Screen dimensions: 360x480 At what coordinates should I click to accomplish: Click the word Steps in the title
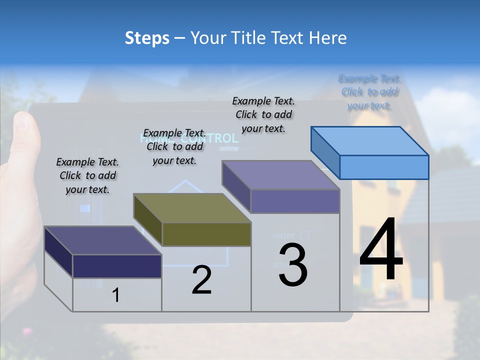(147, 38)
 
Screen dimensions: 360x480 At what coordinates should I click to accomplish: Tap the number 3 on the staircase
(293, 265)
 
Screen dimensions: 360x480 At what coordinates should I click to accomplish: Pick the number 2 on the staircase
(201, 280)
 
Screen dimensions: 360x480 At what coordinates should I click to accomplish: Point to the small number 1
(115, 295)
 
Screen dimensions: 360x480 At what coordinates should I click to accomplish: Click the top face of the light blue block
(370, 141)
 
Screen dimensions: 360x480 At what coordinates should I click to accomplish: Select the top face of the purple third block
(281, 175)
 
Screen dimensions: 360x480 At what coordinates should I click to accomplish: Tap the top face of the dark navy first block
(103, 240)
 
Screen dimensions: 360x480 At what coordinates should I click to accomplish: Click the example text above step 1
(87, 175)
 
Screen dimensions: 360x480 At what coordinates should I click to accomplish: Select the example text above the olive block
(174, 146)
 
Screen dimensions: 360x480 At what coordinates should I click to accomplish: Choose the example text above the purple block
(263, 114)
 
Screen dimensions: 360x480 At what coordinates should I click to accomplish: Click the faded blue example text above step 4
(369, 92)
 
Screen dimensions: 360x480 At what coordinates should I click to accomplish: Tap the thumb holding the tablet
(25, 135)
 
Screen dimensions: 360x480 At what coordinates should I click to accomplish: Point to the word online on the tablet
(229, 148)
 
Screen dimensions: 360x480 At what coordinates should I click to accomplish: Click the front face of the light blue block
(384, 167)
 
